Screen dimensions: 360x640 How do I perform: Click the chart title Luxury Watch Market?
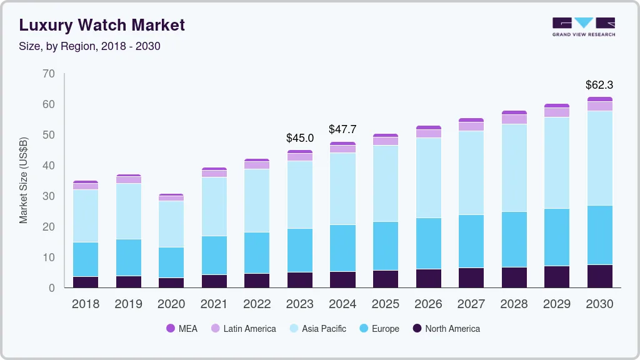pos(102,26)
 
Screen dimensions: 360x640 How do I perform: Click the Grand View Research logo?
pos(583,26)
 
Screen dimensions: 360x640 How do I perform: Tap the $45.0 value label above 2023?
pos(300,137)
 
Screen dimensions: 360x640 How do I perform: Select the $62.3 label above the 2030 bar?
pos(599,84)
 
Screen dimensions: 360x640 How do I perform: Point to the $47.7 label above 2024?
pos(342,129)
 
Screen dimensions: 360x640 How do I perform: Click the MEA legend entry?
pos(182,328)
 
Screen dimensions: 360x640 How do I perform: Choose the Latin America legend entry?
pos(242,328)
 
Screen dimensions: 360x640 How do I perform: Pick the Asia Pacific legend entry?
pos(317,328)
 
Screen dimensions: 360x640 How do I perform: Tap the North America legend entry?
pos(446,328)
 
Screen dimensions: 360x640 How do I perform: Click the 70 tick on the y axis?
pos(49,74)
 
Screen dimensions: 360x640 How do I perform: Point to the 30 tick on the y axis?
pos(49,196)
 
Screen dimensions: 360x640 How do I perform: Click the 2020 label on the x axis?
pos(171,304)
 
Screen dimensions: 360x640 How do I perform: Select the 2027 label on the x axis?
pos(471,304)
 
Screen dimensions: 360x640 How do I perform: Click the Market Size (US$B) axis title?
pos(24,179)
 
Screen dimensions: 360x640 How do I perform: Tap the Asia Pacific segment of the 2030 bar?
pos(599,157)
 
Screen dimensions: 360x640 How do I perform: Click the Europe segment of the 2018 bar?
pos(86,259)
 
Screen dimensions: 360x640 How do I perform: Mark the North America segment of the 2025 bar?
pos(386,279)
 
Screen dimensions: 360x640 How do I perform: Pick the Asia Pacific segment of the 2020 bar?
pos(171,224)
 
